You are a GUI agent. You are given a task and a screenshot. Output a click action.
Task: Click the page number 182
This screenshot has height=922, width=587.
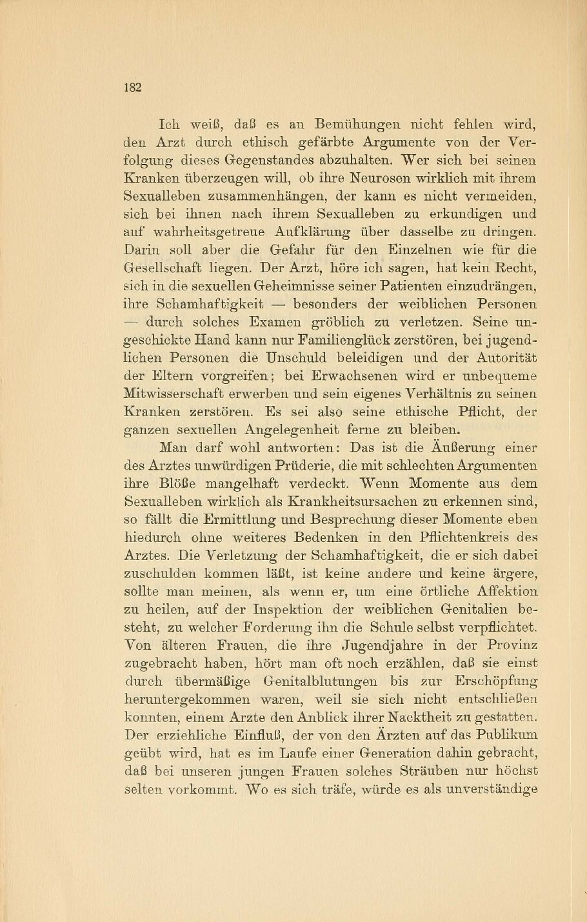point(132,88)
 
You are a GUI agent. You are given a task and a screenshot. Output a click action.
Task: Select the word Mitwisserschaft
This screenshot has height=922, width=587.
point(174,394)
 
